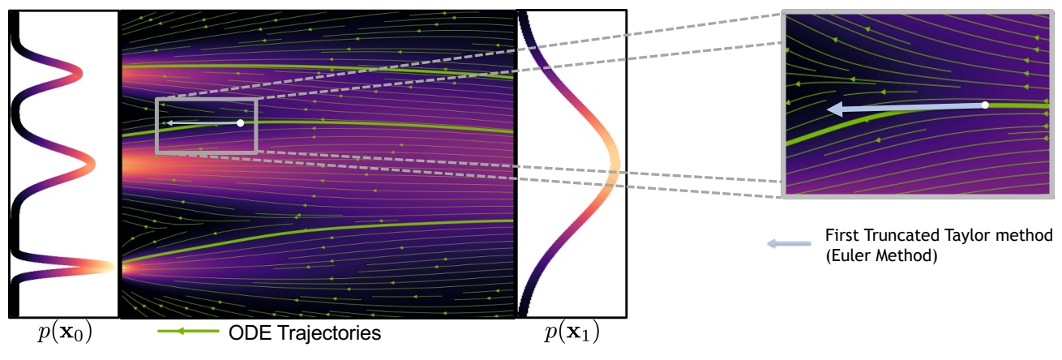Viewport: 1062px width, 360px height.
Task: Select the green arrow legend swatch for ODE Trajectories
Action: (x=188, y=332)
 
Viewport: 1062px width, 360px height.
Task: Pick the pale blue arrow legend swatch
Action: (x=790, y=243)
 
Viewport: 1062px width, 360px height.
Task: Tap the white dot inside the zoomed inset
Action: (x=985, y=105)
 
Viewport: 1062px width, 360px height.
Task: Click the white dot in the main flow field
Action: (x=240, y=122)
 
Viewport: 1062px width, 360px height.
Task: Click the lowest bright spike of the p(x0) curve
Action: (x=110, y=266)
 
